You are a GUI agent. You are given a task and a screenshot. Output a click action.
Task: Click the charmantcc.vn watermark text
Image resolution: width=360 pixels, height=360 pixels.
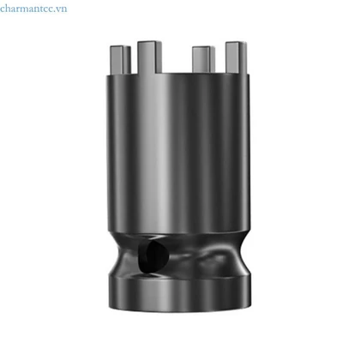(x=33, y=9)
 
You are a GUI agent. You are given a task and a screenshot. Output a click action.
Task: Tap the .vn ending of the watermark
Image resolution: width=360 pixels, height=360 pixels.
(x=61, y=9)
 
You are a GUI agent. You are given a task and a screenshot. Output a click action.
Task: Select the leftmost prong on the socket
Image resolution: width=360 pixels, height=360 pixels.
(x=120, y=59)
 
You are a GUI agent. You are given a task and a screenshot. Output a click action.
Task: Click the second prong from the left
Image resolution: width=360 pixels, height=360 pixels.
(x=149, y=57)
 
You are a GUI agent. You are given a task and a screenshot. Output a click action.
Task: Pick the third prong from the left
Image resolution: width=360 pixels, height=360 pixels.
(x=203, y=59)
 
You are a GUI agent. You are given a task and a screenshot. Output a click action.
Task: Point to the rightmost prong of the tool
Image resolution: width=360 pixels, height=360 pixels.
(x=236, y=57)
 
